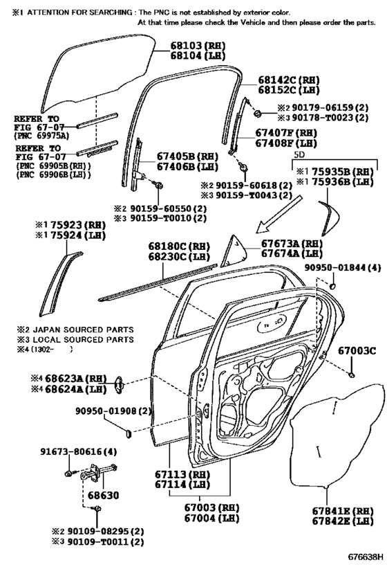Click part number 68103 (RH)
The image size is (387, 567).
tap(198, 46)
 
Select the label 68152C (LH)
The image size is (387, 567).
tap(288, 90)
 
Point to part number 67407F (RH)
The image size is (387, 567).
tap(286, 133)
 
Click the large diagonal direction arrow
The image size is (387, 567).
tap(278, 214)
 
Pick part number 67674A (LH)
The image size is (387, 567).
tap(292, 253)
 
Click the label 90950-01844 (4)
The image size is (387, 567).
tap(342, 268)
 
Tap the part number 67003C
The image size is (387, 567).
tap(357, 350)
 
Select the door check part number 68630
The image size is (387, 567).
tap(103, 495)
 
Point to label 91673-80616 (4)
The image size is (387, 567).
tap(78, 451)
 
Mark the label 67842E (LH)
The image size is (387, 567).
tap(343, 521)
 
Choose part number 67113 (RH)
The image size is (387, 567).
tap(182, 474)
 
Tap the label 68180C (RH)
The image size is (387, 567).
tap(179, 246)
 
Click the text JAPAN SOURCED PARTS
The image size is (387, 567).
tap(83, 330)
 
